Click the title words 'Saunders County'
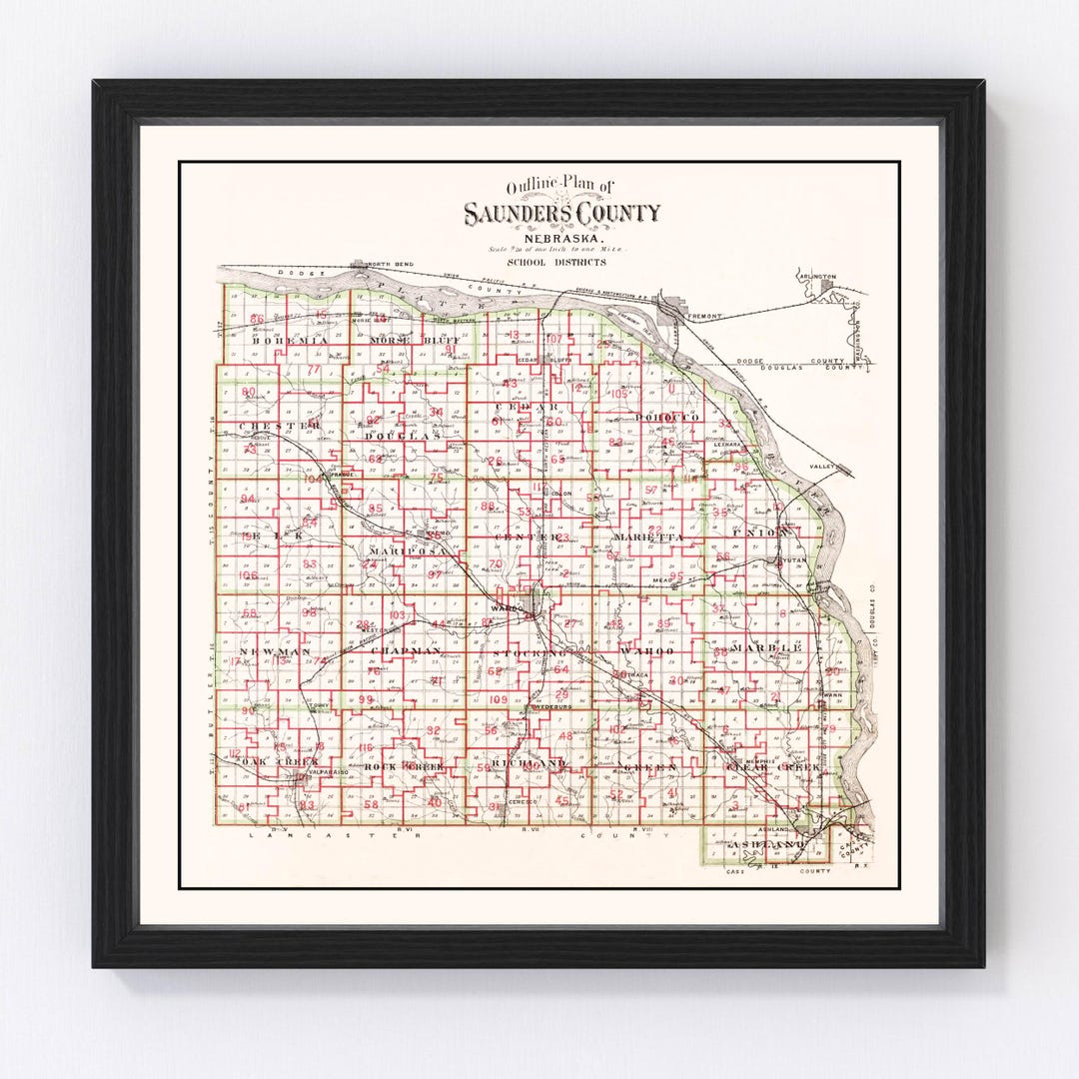560,213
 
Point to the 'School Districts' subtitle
555,262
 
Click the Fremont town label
703,317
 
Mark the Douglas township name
403,437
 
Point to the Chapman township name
405,650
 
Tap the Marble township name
767,648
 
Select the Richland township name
529,764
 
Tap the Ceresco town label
524,802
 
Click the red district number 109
500,699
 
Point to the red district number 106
248,576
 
